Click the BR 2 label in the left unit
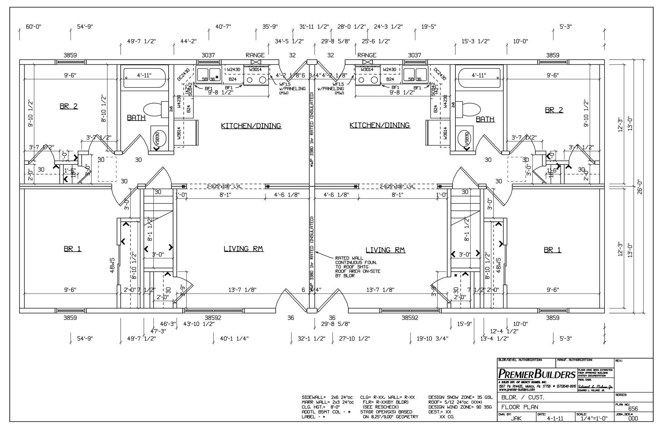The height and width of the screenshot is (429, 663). tap(69, 106)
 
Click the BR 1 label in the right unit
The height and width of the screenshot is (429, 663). tap(552, 250)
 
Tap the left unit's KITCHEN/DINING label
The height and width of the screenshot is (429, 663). tap(251, 126)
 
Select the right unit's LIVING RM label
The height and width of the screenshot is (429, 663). tap(385, 250)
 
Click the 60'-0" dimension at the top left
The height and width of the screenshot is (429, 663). tap(33, 27)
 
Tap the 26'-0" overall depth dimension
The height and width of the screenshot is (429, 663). tap(640, 187)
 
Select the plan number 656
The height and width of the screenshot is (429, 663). tap(633, 409)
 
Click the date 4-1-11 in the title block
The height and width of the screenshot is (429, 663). tap(555, 418)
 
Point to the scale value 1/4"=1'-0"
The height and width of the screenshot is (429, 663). tap(592, 418)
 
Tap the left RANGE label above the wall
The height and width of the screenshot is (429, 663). tap(255, 55)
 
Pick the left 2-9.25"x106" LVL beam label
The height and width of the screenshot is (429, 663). tap(224, 187)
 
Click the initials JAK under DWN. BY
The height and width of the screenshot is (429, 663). tap(516, 418)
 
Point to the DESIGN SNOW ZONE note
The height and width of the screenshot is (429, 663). tap(460, 398)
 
